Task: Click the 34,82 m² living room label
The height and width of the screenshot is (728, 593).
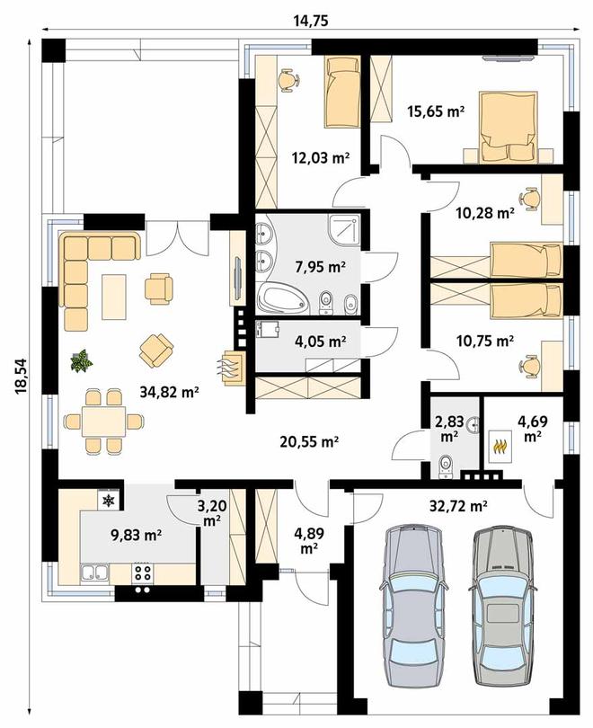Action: coord(169,393)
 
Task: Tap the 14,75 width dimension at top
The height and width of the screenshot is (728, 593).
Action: coord(312,21)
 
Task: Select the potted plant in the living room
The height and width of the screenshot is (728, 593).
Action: coord(82,360)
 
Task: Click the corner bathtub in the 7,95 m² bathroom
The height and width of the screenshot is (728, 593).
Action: coord(283,299)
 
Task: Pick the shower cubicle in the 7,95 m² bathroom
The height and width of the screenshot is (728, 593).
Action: coord(344,231)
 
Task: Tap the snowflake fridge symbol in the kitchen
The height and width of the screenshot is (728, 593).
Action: coord(109,500)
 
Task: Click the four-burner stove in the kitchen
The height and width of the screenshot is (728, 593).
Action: coord(143,573)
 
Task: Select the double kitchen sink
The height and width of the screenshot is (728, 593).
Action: coord(94,573)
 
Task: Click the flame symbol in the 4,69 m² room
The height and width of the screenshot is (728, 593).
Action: coord(500,446)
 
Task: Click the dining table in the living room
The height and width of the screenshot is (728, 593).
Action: coord(103,422)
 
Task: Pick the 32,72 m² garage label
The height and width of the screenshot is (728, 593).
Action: coord(458,505)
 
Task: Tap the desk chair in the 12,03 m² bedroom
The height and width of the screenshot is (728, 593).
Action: coord(288,80)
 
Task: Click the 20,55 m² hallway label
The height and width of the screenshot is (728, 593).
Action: coord(309,441)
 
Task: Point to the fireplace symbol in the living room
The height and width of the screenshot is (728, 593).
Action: coord(232,368)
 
